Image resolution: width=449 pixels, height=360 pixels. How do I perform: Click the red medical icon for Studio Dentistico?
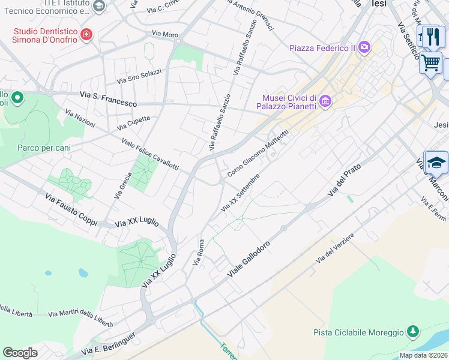[87, 34]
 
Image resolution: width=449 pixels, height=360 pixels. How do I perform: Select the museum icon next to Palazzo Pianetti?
[325, 101]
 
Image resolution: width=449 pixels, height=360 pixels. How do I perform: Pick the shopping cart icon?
[430, 62]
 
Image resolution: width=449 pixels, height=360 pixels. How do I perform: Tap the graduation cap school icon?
[436, 162]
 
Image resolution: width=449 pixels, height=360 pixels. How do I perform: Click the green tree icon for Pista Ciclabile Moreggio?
[412, 331]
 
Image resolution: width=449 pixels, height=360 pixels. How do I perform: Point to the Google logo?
[20, 353]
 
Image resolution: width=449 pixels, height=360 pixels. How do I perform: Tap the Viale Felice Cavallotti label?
[150, 154]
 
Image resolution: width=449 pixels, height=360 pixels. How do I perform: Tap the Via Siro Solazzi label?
[139, 76]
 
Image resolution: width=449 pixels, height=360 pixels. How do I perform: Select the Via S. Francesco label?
[108, 99]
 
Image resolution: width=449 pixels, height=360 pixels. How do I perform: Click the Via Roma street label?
[198, 252]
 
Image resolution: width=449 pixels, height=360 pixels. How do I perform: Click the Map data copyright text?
[423, 355]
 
